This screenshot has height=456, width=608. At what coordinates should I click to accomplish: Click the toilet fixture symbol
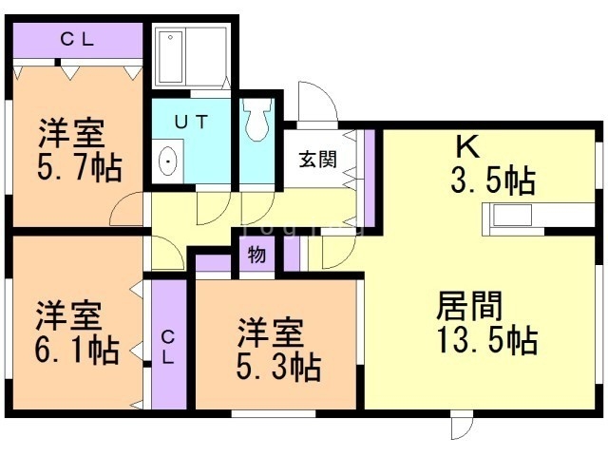[x=256, y=120]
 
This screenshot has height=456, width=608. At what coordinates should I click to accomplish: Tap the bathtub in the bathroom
[x=171, y=57]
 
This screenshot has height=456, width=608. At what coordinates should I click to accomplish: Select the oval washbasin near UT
[x=168, y=161]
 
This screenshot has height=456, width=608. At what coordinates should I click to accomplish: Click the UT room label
[x=191, y=122]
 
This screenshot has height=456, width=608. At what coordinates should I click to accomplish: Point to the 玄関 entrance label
[x=317, y=159]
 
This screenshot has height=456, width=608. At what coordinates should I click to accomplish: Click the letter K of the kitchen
[x=468, y=146]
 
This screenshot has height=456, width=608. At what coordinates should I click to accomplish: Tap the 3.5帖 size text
[x=493, y=180]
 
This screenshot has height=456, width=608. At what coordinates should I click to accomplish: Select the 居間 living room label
[x=469, y=306]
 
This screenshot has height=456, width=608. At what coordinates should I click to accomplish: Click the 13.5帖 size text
[x=487, y=340]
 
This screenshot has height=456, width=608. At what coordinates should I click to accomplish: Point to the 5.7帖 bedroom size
[x=80, y=167]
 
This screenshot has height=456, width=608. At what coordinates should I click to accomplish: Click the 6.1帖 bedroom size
[x=77, y=351]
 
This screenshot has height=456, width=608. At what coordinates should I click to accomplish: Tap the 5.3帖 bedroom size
[x=278, y=367]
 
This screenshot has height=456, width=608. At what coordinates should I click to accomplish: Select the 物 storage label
[x=256, y=255]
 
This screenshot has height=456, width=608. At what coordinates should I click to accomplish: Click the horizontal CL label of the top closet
[x=77, y=39]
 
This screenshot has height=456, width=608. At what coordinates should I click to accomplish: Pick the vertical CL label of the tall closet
[x=168, y=347]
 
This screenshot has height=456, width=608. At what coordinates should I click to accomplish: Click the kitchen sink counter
[x=512, y=219]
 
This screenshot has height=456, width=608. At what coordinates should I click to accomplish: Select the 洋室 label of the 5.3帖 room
[x=270, y=332]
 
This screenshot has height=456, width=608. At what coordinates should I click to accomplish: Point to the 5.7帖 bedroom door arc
[x=123, y=206]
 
